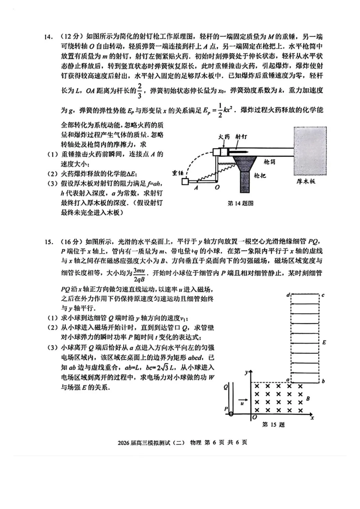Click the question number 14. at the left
pos(49,37)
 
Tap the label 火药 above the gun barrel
pos(224,137)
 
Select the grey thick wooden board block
pos(310,151)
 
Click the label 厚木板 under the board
pos(306,182)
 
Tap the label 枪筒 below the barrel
pos(269,162)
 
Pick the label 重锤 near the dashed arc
pos(178,173)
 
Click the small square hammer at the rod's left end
pos(185,182)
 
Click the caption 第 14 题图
pos(240,203)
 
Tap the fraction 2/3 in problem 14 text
pos(139,91)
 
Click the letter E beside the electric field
pos(324,342)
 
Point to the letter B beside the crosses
pos(308,398)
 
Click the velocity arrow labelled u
pos(242,400)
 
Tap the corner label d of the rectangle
pos(288,295)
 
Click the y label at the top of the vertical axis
pos(246,372)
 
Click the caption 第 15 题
pos(273,425)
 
